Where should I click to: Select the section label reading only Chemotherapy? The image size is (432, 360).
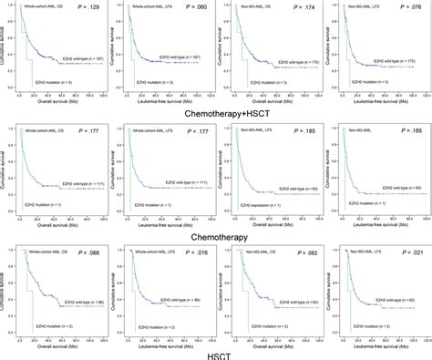(x=215, y=234)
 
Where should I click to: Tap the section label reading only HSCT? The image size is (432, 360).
(x=215, y=353)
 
